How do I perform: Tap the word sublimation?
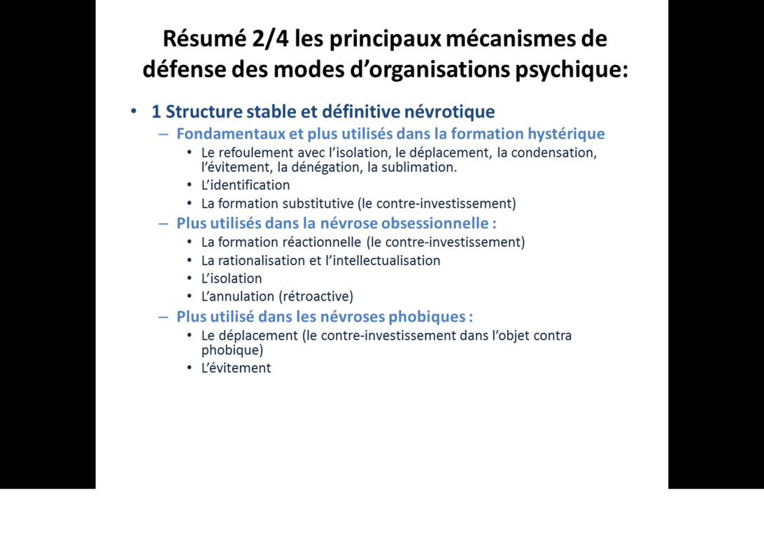click(x=418, y=168)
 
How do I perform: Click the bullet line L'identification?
click(x=245, y=185)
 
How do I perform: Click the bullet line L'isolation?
click(x=231, y=278)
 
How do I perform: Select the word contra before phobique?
click(x=553, y=336)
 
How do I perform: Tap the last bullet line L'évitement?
click(x=236, y=368)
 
